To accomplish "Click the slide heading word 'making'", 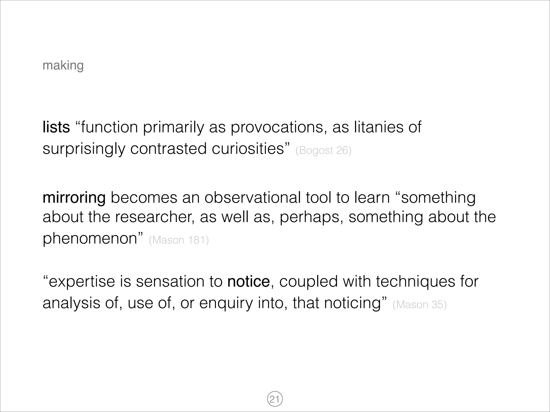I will (63, 65).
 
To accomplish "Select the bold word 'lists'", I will (56, 127).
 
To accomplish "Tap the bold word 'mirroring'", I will (74, 198).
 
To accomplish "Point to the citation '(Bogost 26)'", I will (323, 150).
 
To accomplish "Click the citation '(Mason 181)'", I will (179, 240).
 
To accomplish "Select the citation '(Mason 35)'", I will (419, 305).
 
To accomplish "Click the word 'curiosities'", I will (248, 149).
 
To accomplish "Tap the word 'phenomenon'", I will (90, 238).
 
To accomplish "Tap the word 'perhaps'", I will (310, 217).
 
